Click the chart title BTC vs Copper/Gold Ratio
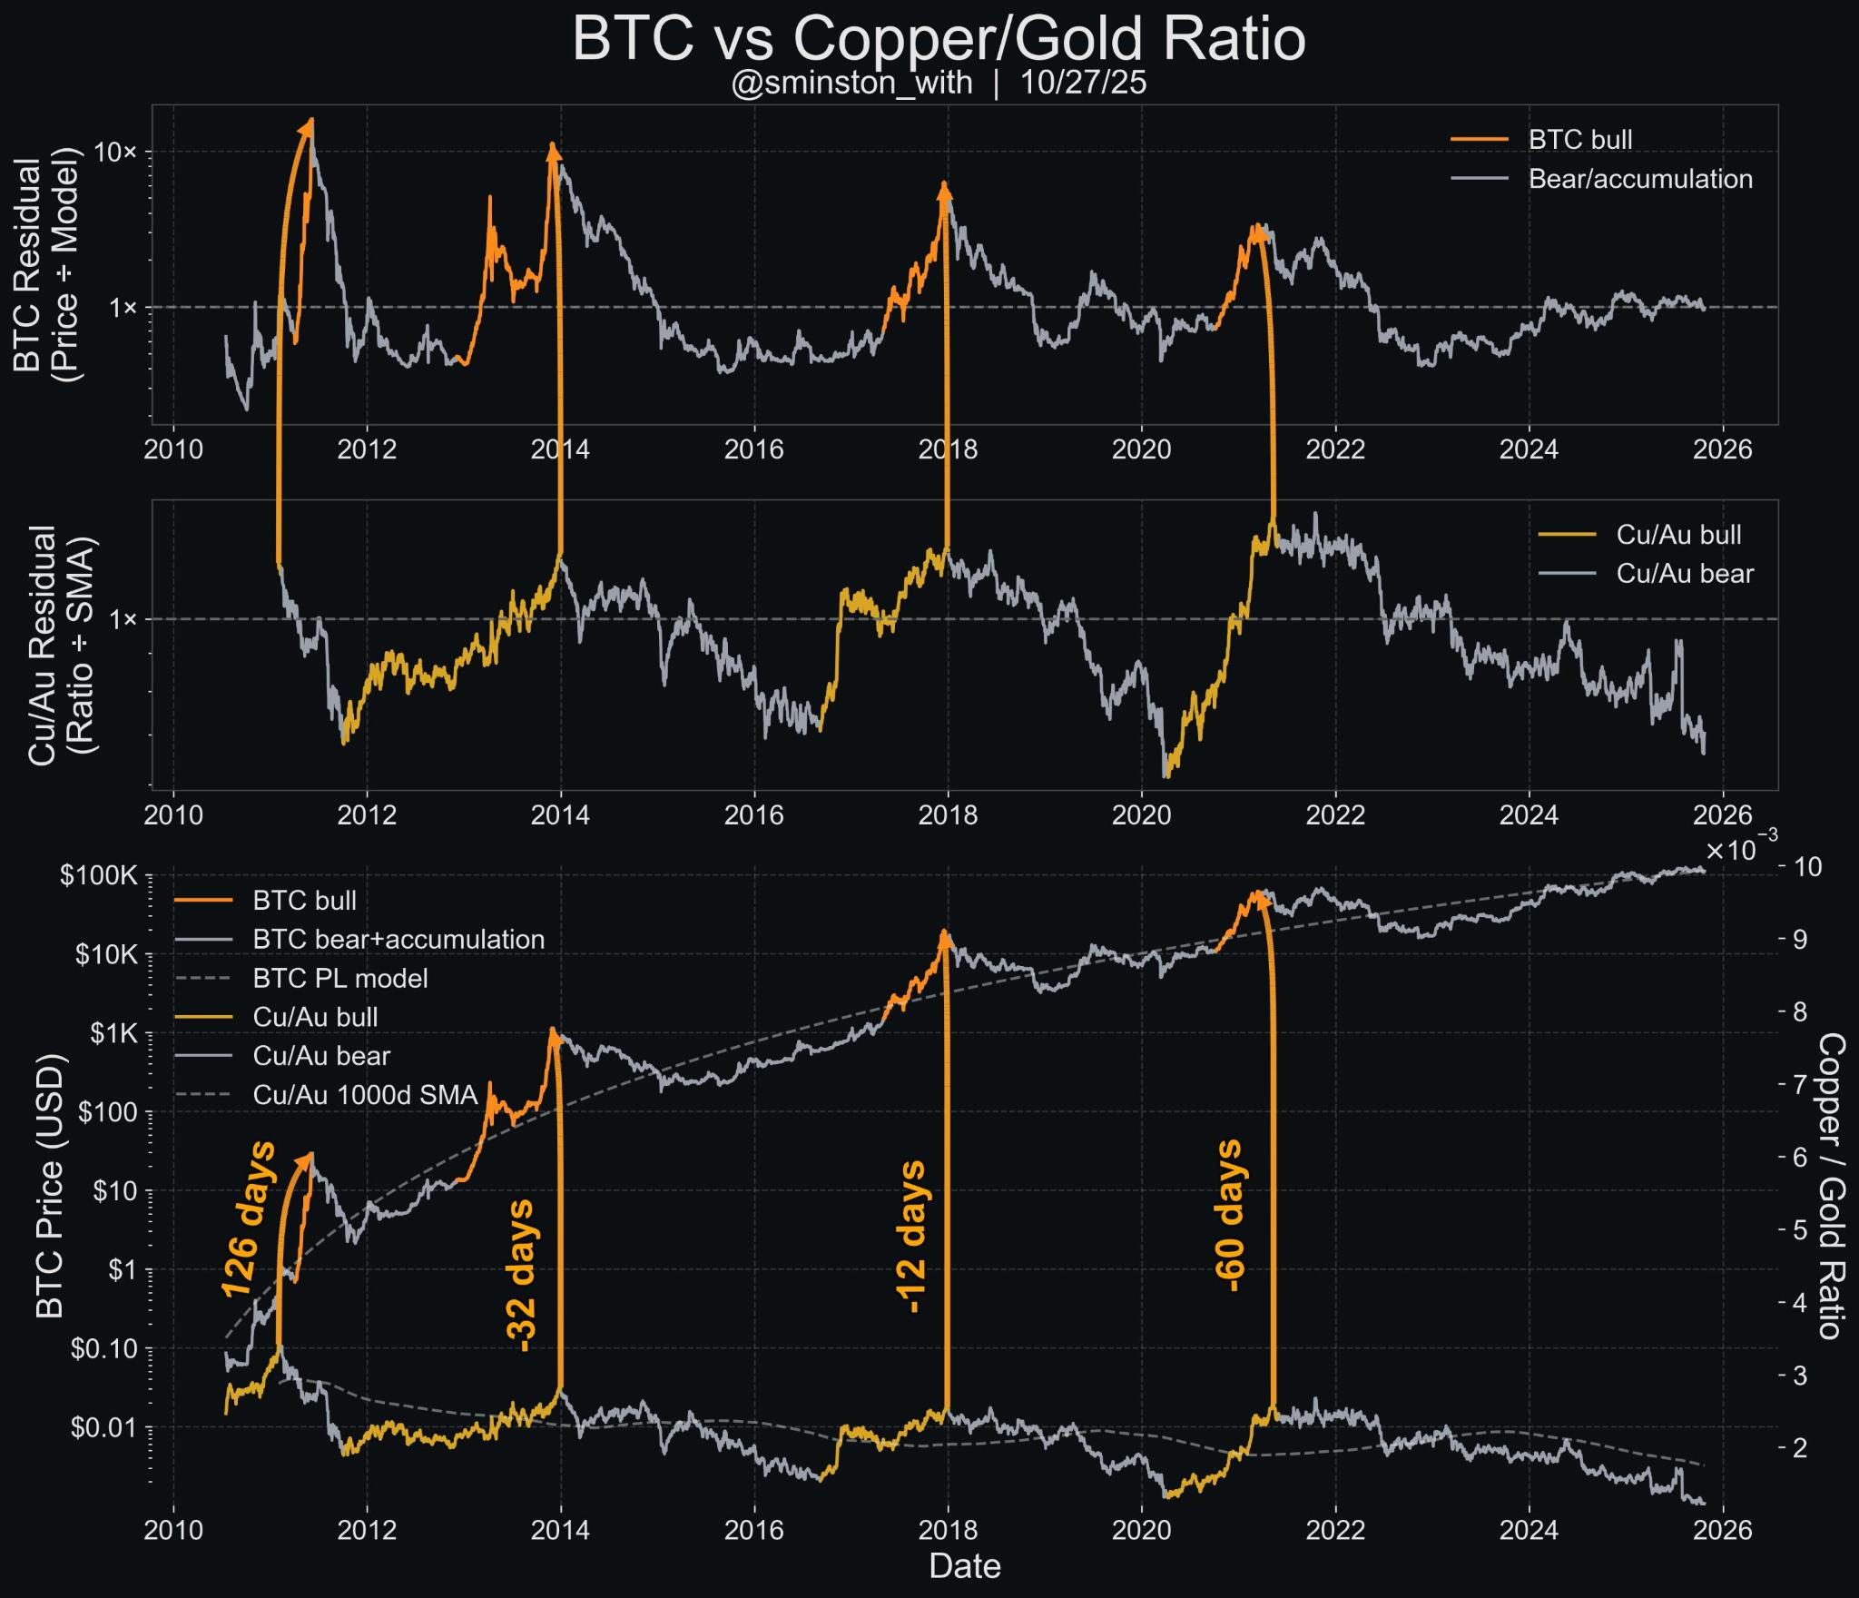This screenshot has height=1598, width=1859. [939, 39]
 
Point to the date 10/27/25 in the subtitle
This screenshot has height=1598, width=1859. [1083, 84]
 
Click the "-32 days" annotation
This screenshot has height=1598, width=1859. [522, 1275]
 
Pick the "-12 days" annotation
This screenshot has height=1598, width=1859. [910, 1236]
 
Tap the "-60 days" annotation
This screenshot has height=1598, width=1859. [1228, 1216]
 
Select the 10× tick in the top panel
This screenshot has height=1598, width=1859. [115, 152]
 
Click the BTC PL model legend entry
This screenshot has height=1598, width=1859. [340, 978]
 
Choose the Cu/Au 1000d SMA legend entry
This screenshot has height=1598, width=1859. [365, 1095]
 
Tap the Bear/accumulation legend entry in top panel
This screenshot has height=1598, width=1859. [1640, 179]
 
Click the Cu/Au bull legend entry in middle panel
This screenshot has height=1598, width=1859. [1678, 535]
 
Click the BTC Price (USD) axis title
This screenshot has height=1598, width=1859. [50, 1186]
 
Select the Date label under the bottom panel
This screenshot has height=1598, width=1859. [965, 1565]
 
